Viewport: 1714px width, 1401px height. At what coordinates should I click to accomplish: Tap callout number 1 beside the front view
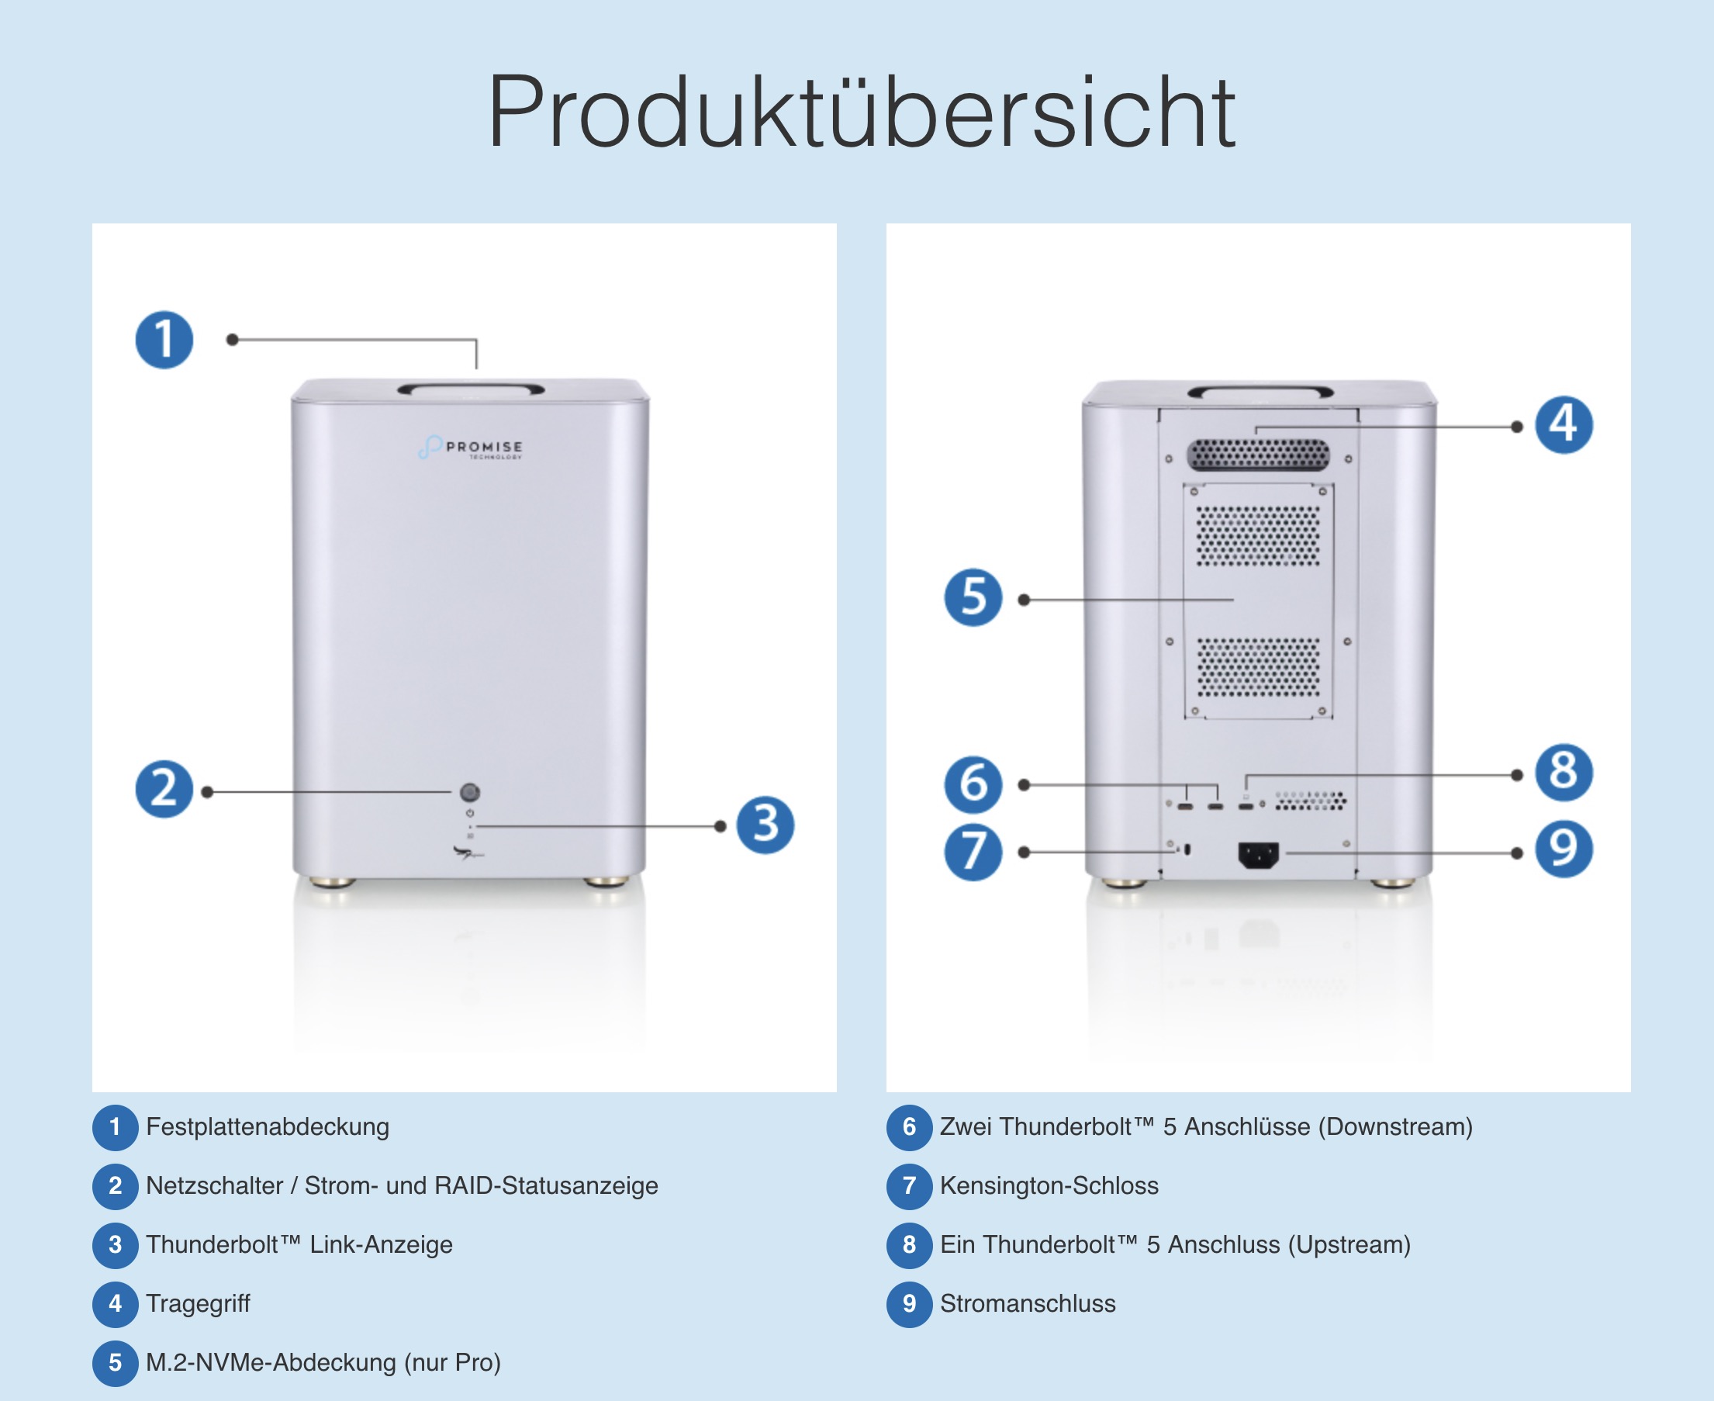pos(164,340)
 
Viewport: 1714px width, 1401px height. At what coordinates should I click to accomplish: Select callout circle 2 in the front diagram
pos(164,788)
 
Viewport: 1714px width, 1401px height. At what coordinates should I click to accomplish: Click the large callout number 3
pos(765,825)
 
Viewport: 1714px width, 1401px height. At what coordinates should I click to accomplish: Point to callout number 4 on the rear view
pos(1564,424)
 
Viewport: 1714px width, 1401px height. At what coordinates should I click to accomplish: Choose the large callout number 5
pos(973,597)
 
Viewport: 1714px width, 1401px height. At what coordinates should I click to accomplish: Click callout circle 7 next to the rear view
pos(973,852)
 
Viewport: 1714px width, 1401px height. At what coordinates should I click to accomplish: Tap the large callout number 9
pos(1564,848)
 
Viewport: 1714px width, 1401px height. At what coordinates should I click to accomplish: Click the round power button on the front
pos(470,792)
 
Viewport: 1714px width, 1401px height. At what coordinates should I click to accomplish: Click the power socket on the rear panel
pos(1258,855)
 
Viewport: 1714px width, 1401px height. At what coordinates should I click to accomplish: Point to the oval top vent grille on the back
pos(1257,455)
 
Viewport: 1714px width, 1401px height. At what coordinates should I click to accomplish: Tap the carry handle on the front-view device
pos(472,389)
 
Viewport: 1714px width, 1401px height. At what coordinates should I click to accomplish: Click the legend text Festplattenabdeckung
pos(268,1126)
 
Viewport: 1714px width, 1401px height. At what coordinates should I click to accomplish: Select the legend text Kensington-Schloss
pos(1049,1185)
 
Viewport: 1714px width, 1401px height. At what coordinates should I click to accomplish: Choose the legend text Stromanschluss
pos(1028,1303)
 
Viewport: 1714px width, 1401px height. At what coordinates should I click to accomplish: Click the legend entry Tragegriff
pos(199,1303)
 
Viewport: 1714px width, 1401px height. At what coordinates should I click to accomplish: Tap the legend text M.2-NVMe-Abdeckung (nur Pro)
pos(323,1362)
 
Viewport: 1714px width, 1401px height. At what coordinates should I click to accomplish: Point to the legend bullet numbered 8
pos(910,1244)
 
